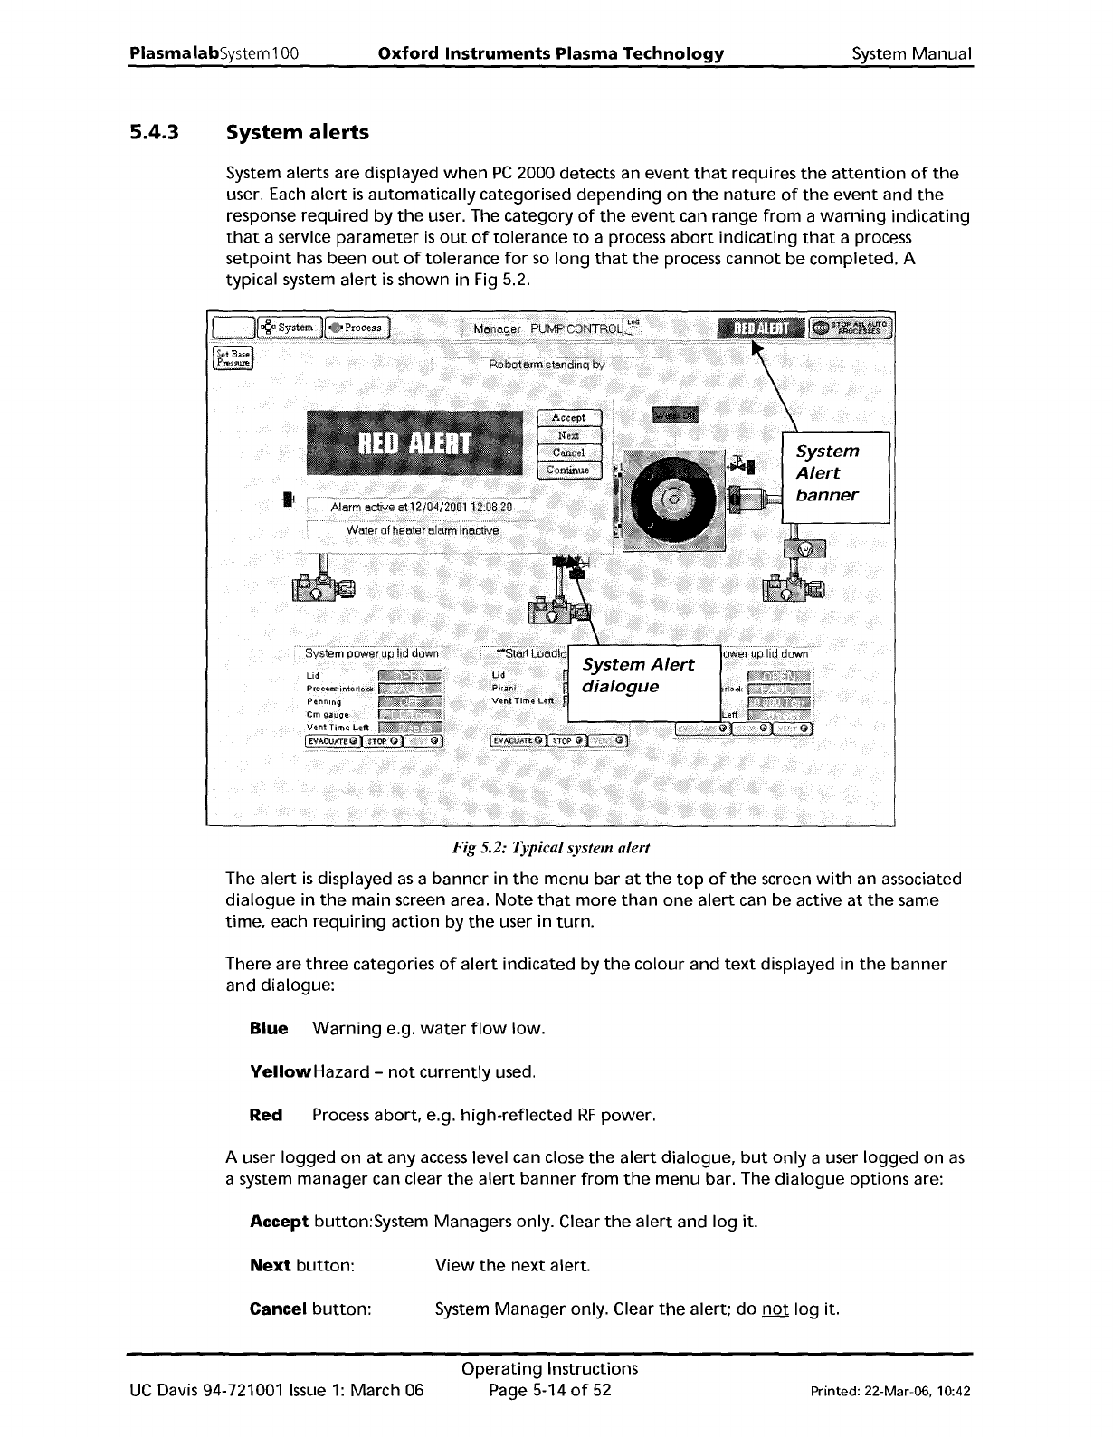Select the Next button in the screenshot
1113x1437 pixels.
click(568, 435)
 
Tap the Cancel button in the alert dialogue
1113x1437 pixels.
click(568, 452)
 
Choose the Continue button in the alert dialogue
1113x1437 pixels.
click(568, 470)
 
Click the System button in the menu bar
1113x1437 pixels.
click(288, 328)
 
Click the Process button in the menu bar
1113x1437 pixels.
click(357, 328)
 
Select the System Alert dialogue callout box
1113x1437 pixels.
click(642, 676)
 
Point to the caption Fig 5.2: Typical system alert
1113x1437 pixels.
click(551, 848)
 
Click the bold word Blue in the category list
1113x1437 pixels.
click(269, 1029)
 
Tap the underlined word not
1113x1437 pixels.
click(775, 1309)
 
